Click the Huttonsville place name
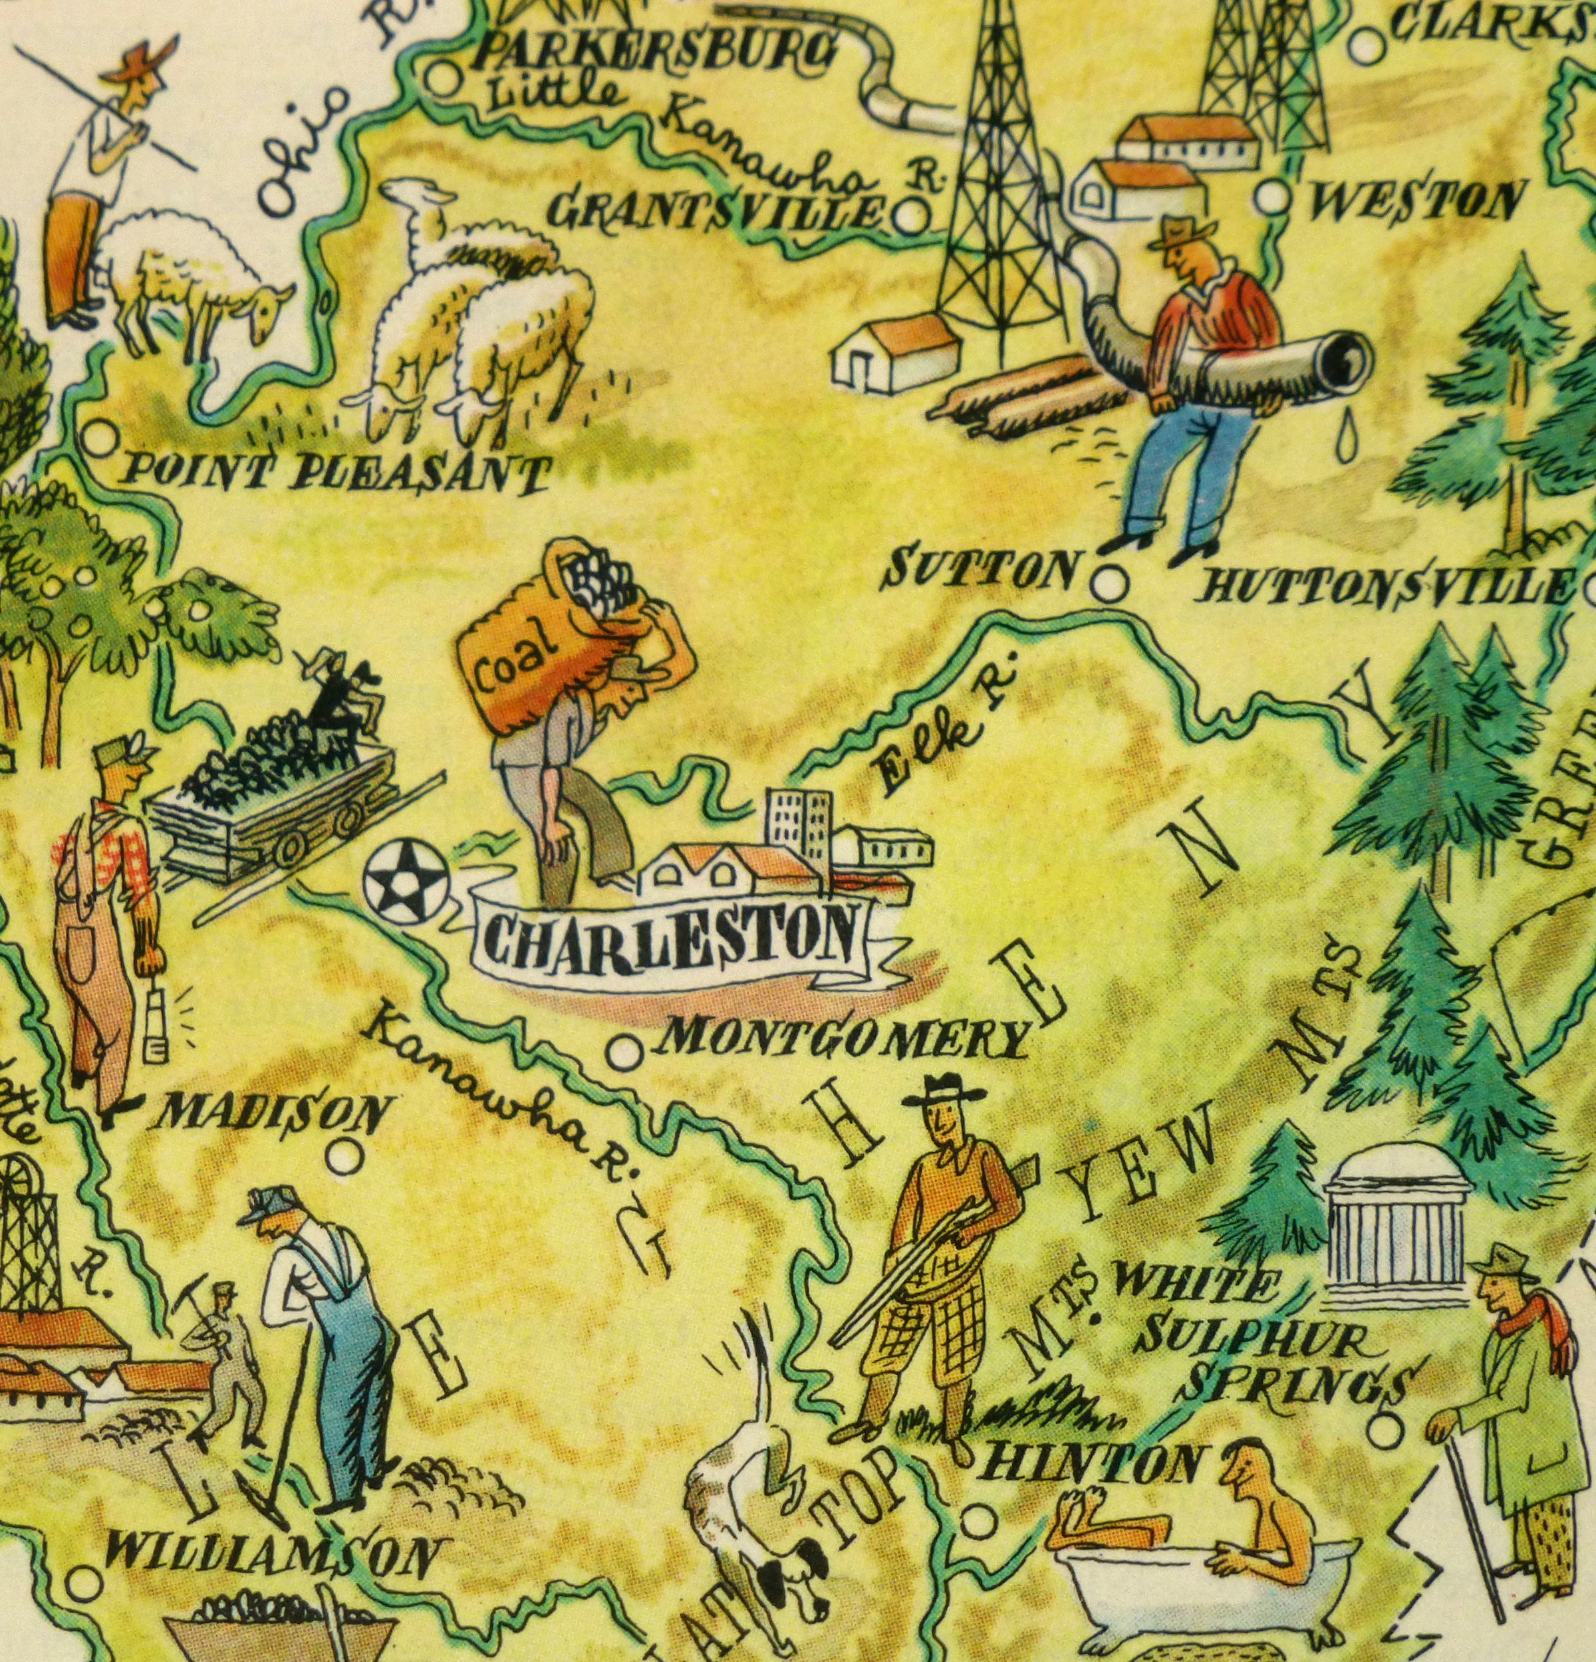point(1383,585)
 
